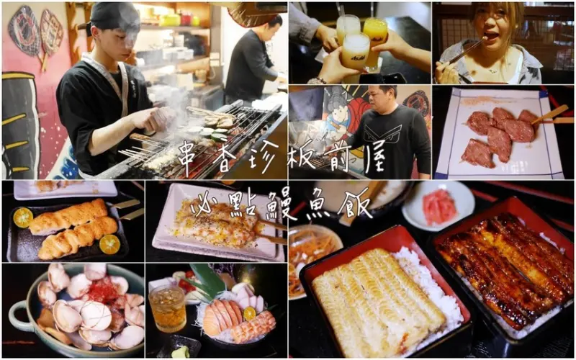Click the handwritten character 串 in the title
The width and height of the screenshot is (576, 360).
click(189, 156)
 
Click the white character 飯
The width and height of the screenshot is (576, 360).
click(356, 204)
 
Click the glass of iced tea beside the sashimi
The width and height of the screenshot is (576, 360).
click(167, 307)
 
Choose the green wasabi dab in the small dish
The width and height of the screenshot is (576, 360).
click(181, 352)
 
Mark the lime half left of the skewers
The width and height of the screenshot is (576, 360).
click(22, 217)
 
